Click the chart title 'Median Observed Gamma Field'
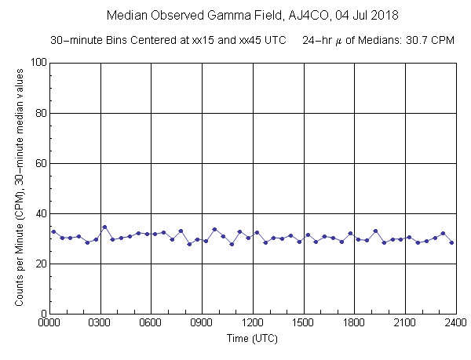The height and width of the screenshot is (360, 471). [177, 15]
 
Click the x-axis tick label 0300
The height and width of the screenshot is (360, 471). [100, 322]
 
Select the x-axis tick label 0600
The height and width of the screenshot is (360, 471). [152, 322]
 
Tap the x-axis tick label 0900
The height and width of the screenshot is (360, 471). [202, 322]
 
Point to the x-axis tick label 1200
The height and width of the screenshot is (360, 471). [253, 322]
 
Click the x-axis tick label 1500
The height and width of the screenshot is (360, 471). [304, 322]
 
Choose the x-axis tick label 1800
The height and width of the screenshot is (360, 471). [354, 322]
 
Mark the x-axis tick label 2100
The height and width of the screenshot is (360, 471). [405, 322]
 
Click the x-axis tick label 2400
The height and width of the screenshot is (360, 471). [455, 322]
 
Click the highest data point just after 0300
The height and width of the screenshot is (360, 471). [104, 227]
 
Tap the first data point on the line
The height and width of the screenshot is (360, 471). [53, 231]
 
